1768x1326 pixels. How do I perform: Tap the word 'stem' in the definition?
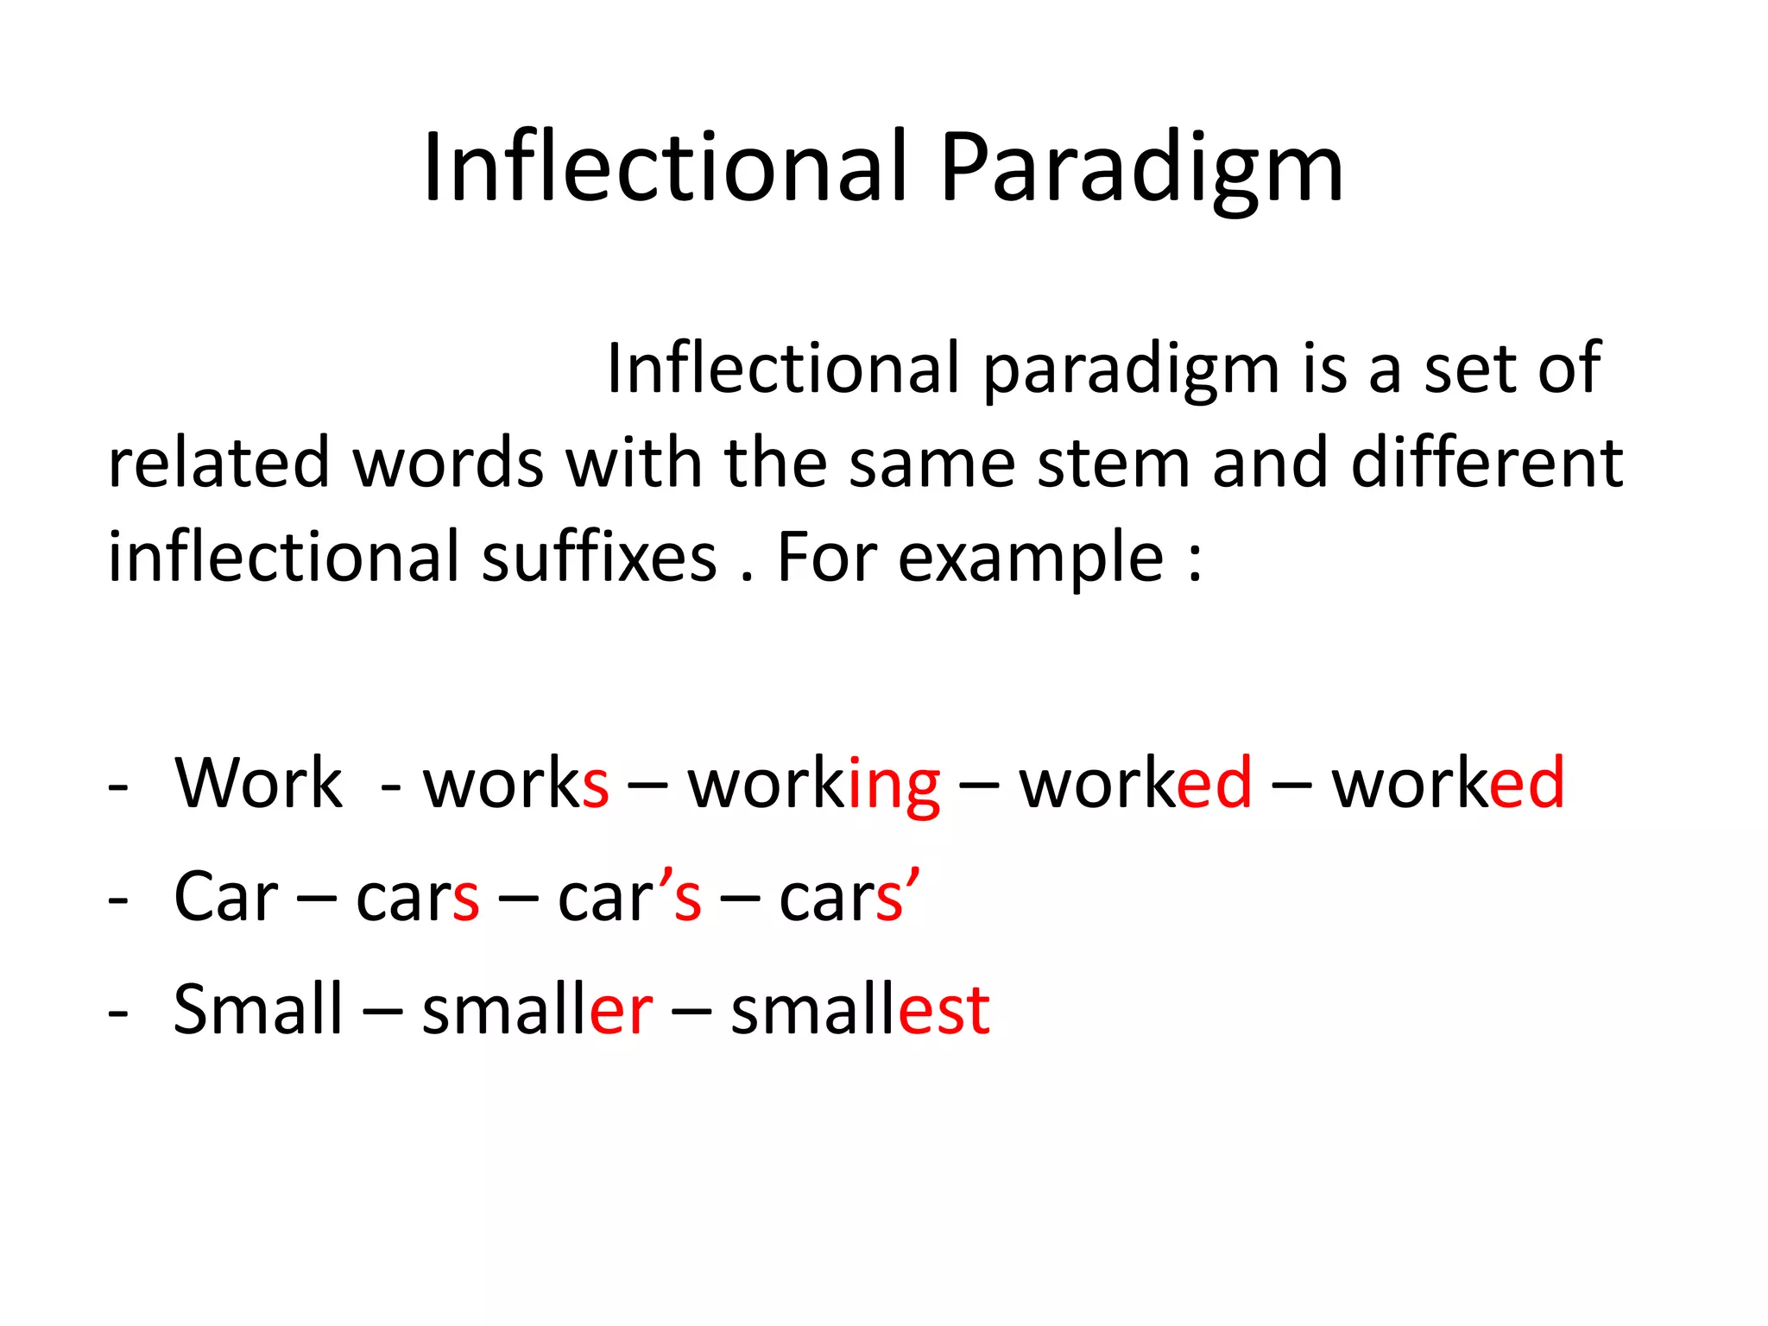[1114, 463]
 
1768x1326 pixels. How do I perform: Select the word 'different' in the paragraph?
[1487, 463]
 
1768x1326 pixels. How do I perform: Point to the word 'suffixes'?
[598, 557]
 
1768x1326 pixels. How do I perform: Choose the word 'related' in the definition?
[219, 463]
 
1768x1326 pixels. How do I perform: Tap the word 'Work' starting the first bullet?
[258, 783]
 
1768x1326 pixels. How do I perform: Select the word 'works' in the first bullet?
[515, 783]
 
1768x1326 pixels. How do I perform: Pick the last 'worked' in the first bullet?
[1448, 783]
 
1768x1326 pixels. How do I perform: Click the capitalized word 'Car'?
[226, 897]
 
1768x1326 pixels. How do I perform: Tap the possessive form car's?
[629, 897]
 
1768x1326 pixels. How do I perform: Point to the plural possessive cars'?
[849, 897]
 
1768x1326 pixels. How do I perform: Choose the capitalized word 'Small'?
[258, 1009]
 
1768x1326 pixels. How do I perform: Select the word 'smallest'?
[860, 1009]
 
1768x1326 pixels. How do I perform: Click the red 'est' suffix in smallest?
[944, 1011]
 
